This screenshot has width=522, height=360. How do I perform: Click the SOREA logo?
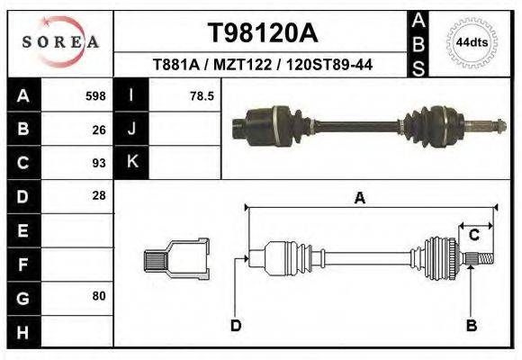59,42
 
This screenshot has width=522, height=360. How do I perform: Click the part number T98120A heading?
263,33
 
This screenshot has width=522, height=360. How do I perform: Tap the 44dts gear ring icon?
472,42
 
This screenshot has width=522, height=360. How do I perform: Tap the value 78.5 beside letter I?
202,95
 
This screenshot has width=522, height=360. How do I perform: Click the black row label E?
22,230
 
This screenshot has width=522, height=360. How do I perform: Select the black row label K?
131,163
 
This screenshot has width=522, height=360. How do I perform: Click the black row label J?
131,129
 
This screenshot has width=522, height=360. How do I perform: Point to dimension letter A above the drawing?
360,199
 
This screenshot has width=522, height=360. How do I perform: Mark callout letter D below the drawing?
235,325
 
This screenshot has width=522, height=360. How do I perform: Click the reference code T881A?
176,65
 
